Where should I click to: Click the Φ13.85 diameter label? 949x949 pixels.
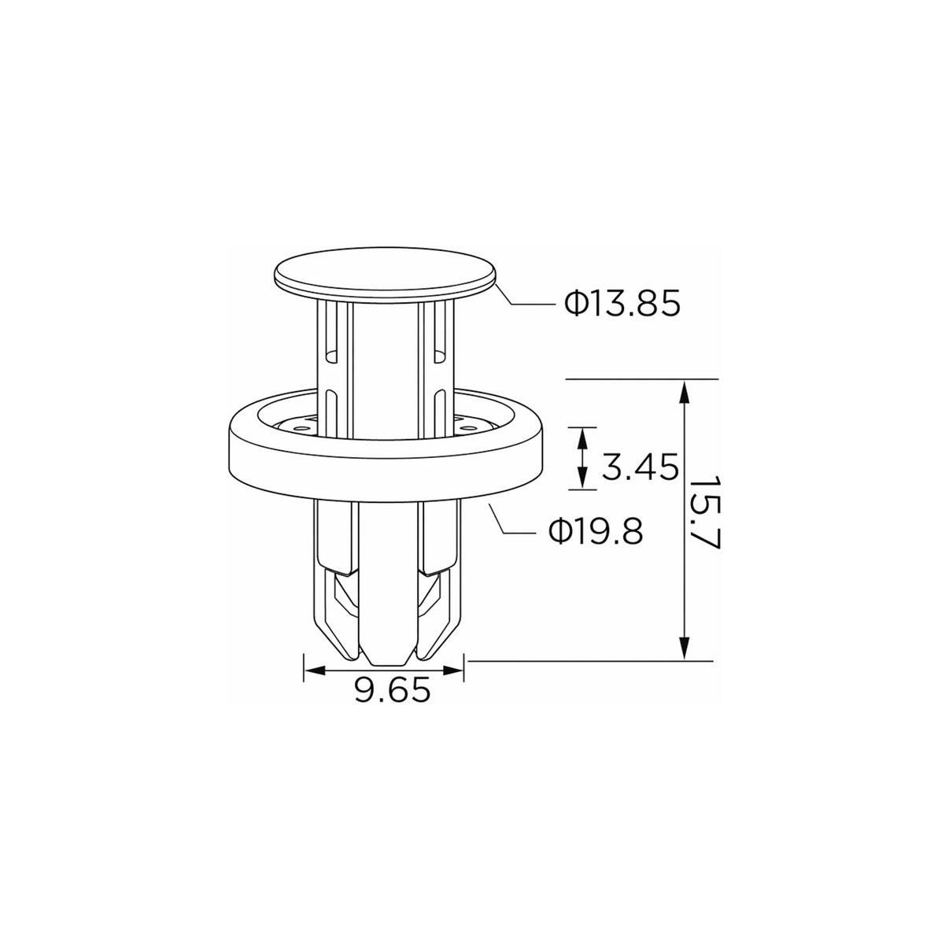pos(622,304)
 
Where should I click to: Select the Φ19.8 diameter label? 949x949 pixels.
pos(596,532)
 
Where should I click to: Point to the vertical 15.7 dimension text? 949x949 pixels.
pos(705,512)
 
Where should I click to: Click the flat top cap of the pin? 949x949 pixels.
pos(385,273)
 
